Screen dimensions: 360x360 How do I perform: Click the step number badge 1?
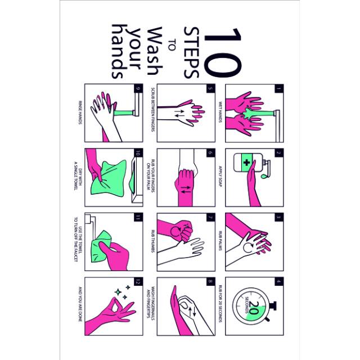pyautogui.click(x=278, y=88)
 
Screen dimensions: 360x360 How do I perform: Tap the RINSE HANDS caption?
pyautogui.click(x=79, y=112)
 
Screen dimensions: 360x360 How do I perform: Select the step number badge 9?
pyautogui.click(x=136, y=88)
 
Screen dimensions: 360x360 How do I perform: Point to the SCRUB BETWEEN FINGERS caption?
pyautogui.click(x=152, y=112)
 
